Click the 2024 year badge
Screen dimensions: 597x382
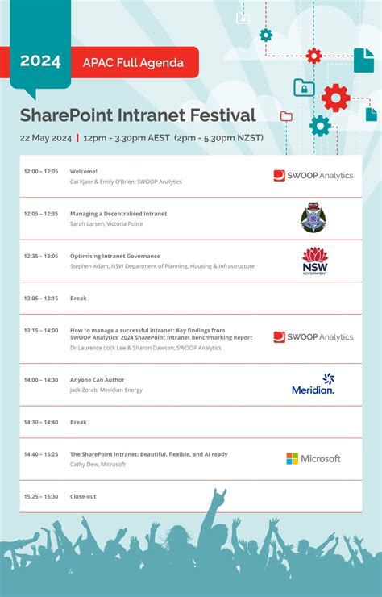pyautogui.click(x=40, y=61)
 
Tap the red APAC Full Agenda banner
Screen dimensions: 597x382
pyautogui.click(x=139, y=62)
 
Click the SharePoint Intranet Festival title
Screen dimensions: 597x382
pyautogui.click(x=138, y=115)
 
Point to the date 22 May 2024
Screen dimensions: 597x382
pyautogui.click(x=45, y=137)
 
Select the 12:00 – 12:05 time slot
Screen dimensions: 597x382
pyautogui.click(x=41, y=172)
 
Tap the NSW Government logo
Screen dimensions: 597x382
pyautogui.click(x=314, y=261)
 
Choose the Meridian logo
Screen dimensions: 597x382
pyautogui.click(x=313, y=384)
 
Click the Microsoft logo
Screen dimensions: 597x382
pyautogui.click(x=313, y=458)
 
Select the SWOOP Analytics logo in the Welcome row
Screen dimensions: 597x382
pyautogui.click(x=313, y=176)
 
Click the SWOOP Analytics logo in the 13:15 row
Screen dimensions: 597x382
pyautogui.click(x=313, y=337)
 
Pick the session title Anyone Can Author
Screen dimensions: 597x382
pyautogui.click(x=98, y=380)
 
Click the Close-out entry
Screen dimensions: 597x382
pyautogui.click(x=83, y=496)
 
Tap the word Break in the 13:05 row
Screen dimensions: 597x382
pyautogui.click(x=78, y=298)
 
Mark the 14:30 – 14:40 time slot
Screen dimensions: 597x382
pyautogui.click(x=41, y=422)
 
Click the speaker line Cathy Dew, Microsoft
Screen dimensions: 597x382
pyautogui.click(x=98, y=465)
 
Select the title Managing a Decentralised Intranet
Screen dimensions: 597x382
pyautogui.click(x=118, y=214)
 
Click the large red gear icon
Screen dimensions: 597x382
pyautogui.click(x=335, y=98)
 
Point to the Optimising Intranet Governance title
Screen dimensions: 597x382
pyautogui.click(x=115, y=256)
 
